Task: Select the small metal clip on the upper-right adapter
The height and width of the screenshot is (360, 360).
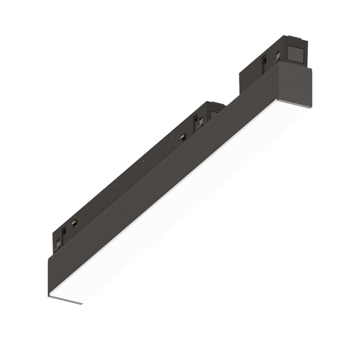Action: (278, 55)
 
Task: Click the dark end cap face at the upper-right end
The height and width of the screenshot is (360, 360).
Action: (295, 85)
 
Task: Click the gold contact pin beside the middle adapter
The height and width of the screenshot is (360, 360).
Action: (183, 137)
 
